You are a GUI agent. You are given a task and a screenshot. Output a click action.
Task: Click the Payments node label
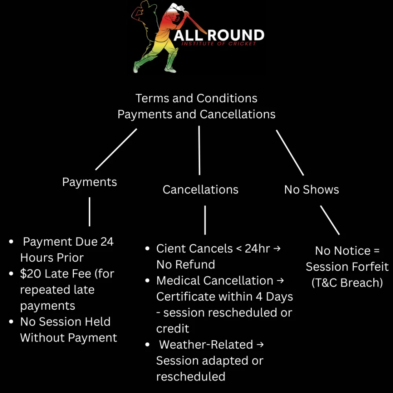(90, 182)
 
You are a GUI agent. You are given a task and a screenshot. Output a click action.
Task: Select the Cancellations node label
(200, 189)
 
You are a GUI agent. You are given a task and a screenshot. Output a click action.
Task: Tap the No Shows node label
(311, 189)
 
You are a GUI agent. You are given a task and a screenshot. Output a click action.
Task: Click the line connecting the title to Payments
(116, 149)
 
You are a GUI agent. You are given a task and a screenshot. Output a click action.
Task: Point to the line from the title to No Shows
(290, 153)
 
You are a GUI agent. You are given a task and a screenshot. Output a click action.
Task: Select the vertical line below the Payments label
(90, 211)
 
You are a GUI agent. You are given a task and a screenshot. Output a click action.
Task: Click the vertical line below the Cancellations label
(205, 220)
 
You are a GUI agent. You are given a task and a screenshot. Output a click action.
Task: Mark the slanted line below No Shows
(330, 220)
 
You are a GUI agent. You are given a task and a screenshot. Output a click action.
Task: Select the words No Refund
(185, 264)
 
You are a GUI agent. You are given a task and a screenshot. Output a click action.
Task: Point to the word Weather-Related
(206, 345)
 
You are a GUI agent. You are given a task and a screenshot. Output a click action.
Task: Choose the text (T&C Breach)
(347, 283)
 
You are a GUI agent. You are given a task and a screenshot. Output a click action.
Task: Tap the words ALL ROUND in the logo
(219, 35)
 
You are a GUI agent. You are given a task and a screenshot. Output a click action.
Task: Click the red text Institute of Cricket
(219, 44)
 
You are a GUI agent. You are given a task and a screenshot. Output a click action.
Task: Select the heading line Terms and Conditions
(196, 98)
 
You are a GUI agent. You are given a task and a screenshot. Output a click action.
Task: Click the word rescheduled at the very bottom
(191, 376)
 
